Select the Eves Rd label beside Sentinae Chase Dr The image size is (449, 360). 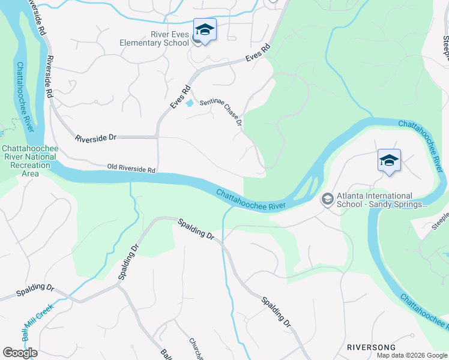point(180,97)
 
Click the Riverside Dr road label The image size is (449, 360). point(95,138)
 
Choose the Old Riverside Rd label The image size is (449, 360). point(131,169)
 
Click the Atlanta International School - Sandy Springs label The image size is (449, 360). point(376,200)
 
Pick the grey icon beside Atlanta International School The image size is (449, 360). point(328,198)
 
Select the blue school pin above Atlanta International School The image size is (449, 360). point(389,161)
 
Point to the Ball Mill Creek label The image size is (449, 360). point(38,319)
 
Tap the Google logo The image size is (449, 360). point(20,353)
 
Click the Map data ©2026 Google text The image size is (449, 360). point(412,355)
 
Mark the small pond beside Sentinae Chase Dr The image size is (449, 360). point(190,103)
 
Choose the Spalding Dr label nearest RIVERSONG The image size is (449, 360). point(276,311)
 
